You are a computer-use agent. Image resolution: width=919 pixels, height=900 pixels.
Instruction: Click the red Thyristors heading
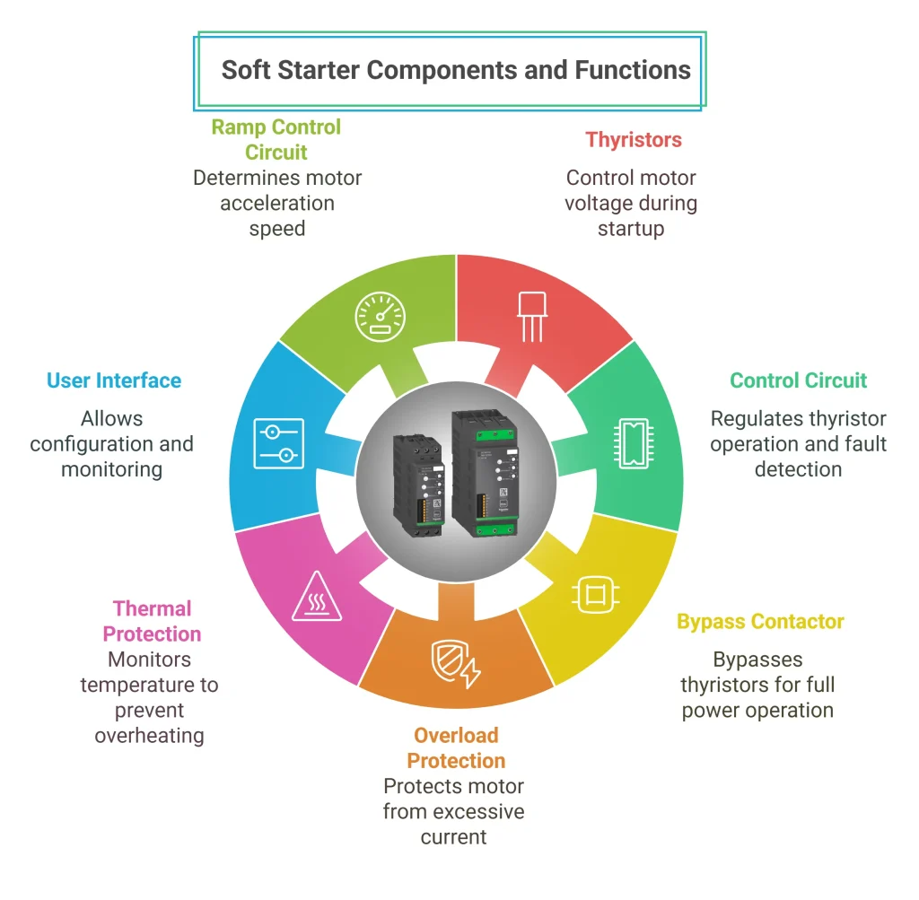pyautogui.click(x=634, y=140)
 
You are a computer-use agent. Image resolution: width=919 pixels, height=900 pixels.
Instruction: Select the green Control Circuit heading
pyautogui.click(x=798, y=380)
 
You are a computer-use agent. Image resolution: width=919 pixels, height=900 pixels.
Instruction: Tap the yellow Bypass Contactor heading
pyautogui.click(x=760, y=622)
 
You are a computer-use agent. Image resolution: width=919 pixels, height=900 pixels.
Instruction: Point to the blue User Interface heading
pyautogui.click(x=114, y=380)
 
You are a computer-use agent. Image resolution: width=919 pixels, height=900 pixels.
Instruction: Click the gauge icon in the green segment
pyautogui.click(x=381, y=315)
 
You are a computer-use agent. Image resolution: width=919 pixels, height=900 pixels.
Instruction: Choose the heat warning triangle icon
pyautogui.click(x=317, y=596)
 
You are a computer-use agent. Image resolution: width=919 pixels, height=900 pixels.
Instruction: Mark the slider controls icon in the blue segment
pyautogui.click(x=278, y=442)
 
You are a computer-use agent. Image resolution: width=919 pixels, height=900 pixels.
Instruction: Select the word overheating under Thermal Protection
pyautogui.click(x=150, y=736)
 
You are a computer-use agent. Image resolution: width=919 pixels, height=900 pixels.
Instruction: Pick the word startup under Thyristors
pyautogui.click(x=631, y=228)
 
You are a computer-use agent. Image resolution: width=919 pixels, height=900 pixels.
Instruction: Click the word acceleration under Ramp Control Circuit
pyautogui.click(x=276, y=203)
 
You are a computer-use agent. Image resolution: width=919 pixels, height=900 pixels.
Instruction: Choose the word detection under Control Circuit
pyautogui.click(x=798, y=468)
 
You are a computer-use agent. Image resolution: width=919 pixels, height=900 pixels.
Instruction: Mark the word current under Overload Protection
pyautogui.click(x=453, y=837)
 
